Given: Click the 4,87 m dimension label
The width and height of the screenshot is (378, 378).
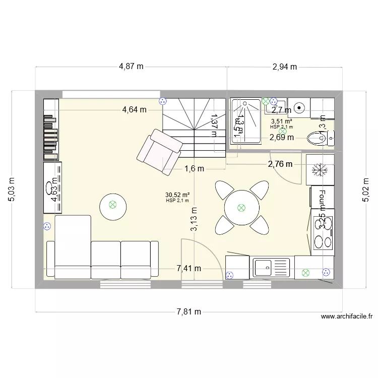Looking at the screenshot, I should click(x=131, y=66).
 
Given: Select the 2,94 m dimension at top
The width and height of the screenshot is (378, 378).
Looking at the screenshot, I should click(x=284, y=66).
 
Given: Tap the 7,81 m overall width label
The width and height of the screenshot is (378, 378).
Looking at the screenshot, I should click(x=189, y=311).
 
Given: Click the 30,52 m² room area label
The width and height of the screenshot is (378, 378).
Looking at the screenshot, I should click(x=177, y=195).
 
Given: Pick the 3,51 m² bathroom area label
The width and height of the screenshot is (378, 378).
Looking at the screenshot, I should click(x=281, y=121).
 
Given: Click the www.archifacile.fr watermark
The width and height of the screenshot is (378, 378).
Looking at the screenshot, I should click(x=346, y=317).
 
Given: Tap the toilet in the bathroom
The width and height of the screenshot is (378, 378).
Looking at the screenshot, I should click(x=320, y=137).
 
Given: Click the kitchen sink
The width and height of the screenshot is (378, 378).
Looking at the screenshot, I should click(x=272, y=267).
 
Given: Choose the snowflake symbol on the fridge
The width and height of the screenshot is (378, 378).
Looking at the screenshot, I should click(x=319, y=170).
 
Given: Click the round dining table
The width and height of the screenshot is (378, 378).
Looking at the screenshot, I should click(x=241, y=207).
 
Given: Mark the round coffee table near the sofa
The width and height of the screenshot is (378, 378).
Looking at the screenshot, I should click(x=112, y=205).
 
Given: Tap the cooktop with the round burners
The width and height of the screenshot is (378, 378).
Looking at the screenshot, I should click(x=323, y=233).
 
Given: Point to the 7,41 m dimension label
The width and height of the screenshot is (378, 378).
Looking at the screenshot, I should click(x=189, y=268).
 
